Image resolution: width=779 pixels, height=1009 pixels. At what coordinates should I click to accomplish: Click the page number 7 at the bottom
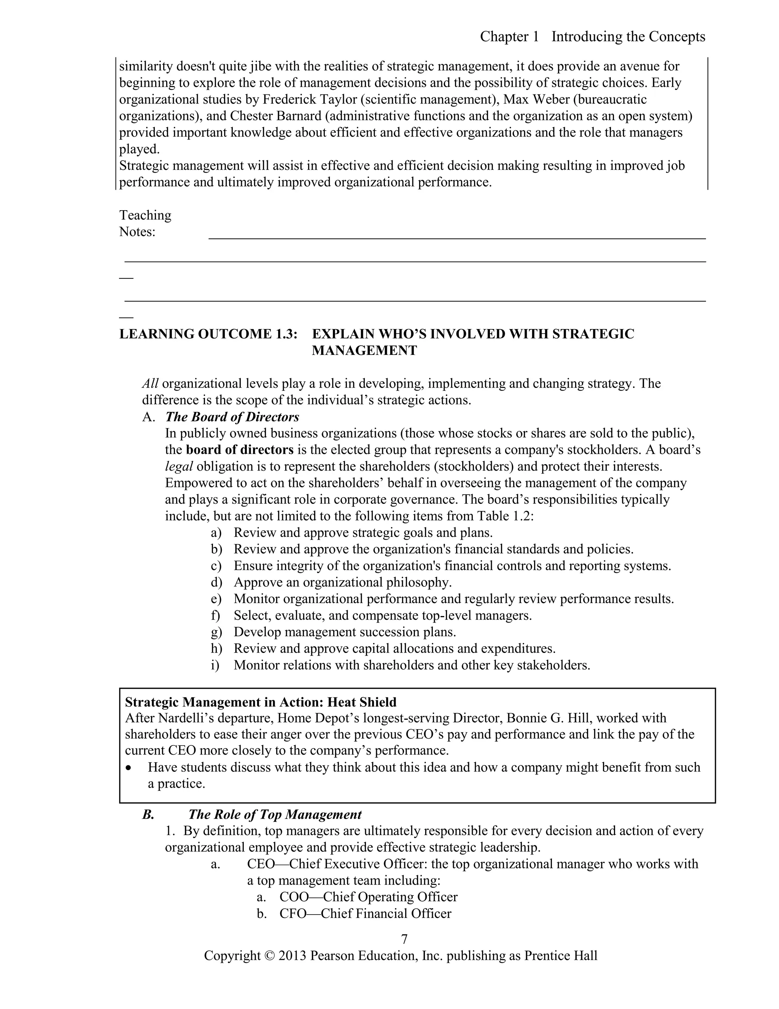[404, 939]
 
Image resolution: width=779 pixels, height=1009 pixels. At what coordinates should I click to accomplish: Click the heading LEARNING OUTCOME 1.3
[208, 334]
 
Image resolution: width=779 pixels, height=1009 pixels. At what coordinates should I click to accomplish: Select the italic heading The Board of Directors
[232, 417]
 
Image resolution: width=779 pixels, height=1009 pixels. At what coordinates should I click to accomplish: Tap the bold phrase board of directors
[240, 450]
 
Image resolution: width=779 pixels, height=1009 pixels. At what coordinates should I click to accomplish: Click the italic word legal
[179, 466]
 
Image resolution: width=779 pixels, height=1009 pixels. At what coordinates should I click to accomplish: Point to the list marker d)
[216, 582]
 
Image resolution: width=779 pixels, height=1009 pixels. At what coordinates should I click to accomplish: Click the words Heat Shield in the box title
[361, 702]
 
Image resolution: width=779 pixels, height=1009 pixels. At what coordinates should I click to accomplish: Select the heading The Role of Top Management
[275, 814]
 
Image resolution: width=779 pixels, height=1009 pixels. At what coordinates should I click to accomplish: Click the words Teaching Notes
[145, 223]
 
